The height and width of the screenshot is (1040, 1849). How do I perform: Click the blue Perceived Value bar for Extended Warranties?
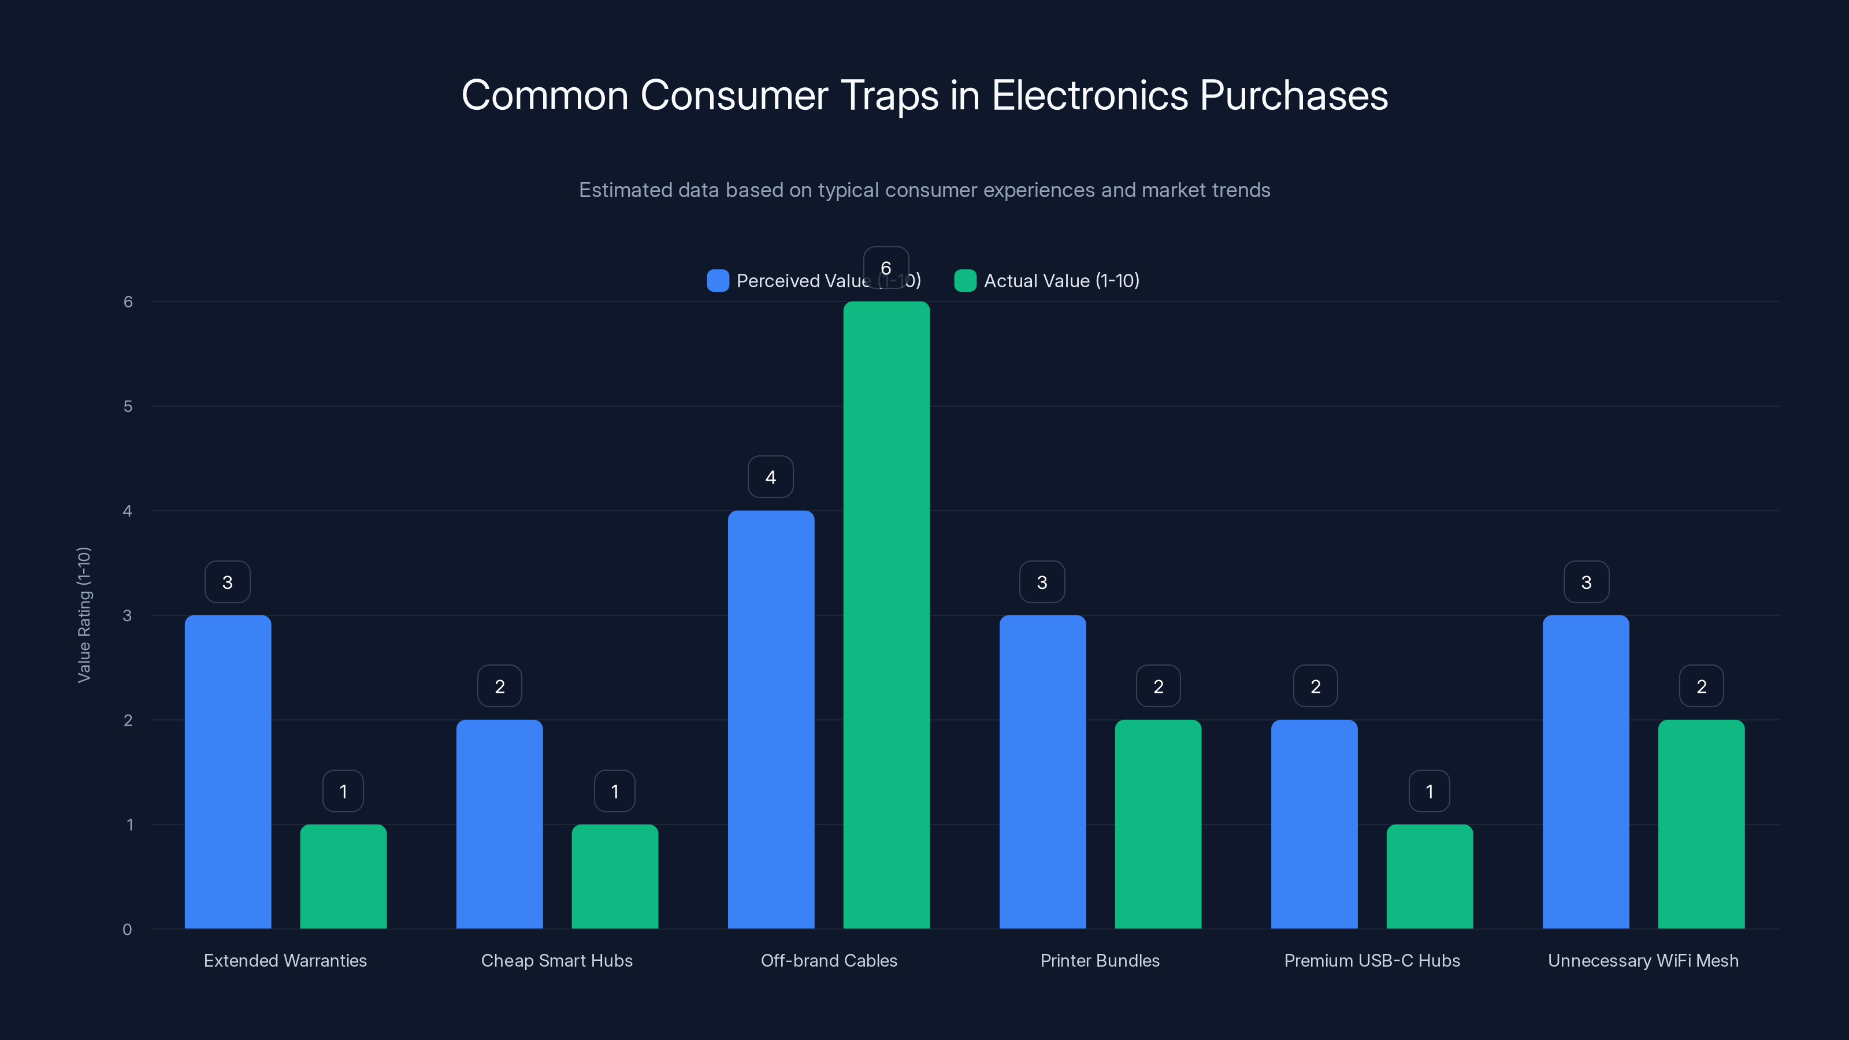[x=228, y=771]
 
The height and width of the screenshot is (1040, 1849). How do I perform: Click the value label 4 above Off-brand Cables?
[x=770, y=477]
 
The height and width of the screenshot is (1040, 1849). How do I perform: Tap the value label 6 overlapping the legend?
[x=886, y=268]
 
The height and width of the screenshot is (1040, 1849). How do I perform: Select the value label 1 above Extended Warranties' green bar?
[x=343, y=791]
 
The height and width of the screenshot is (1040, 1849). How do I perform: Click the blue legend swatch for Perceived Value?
[x=718, y=281]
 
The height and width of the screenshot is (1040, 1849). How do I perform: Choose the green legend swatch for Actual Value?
[x=965, y=281]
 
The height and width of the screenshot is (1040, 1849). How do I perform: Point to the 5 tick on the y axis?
[x=128, y=406]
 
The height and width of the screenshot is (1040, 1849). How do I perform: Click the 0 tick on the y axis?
[x=127, y=930]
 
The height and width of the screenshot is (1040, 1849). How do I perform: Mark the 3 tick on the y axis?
[x=128, y=615]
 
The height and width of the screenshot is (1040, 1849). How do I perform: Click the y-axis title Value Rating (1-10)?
[x=84, y=614]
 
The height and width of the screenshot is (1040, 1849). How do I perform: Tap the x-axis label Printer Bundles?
[x=1100, y=960]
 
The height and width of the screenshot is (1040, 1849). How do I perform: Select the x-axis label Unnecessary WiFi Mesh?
[x=1643, y=960]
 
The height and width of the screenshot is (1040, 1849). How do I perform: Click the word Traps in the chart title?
[x=889, y=95]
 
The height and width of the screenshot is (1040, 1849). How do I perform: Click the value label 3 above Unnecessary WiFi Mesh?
[x=1586, y=582]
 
